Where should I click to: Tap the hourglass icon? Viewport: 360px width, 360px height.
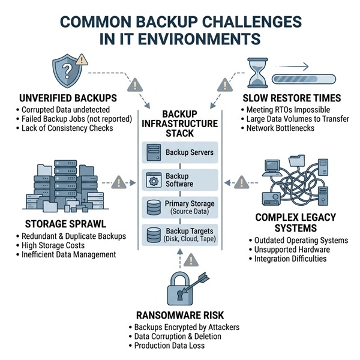256,73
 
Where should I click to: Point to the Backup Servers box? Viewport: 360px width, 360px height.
179,152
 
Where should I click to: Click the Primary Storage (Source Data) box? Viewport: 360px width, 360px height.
179,208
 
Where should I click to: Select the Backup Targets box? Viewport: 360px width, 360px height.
179,236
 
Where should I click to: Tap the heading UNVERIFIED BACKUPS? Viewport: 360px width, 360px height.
67,98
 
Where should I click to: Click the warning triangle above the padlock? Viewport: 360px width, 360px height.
191,260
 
